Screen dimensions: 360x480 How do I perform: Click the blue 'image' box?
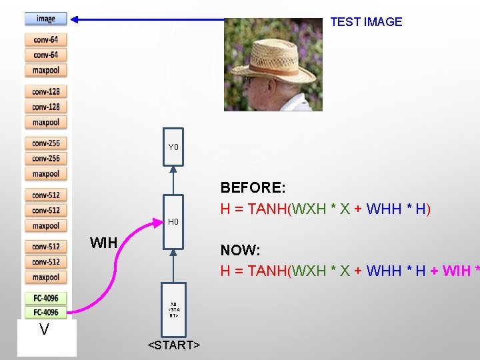click(46, 19)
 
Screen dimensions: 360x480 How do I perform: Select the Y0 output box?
click(173, 147)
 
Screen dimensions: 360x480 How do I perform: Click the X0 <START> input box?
click(173, 310)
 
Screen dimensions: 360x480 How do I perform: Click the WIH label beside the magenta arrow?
click(103, 243)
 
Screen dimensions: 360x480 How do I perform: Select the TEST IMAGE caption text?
click(366, 22)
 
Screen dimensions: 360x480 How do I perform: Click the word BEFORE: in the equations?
click(253, 188)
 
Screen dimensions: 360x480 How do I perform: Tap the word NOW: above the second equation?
click(240, 251)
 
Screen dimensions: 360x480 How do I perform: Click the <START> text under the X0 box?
click(174, 345)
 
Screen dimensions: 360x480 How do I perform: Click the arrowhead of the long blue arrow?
click(75, 19)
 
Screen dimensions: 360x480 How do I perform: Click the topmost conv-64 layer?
click(46, 40)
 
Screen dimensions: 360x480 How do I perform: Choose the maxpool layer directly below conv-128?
click(46, 122)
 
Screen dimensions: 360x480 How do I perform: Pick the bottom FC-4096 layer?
click(46, 312)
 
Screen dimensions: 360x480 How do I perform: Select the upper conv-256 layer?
click(46, 143)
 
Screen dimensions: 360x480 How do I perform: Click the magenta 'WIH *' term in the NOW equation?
click(461, 271)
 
